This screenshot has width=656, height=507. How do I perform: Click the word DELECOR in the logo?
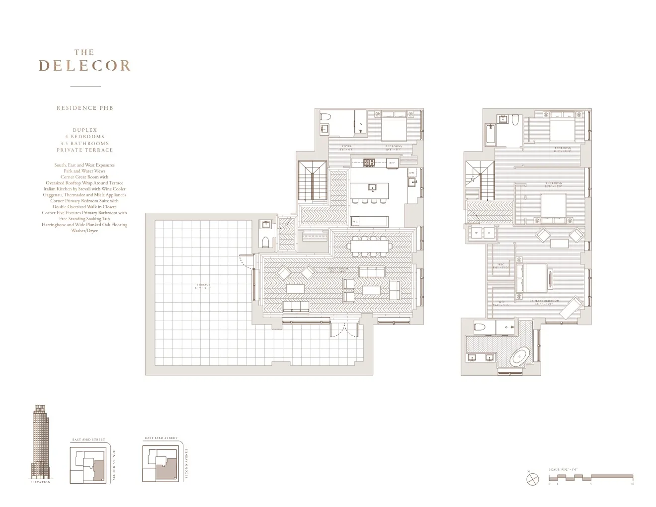(84, 66)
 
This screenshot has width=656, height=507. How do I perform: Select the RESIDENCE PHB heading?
(84, 107)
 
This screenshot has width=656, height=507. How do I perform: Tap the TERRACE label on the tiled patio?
(203, 285)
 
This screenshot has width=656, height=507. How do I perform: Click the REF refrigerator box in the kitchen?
(392, 163)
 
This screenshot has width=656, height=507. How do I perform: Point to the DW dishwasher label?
(411, 172)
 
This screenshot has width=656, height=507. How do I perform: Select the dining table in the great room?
(370, 245)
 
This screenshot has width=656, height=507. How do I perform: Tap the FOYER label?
(346, 147)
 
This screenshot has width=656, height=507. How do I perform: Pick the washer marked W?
(476, 233)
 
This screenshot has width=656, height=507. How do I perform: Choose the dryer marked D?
(489, 233)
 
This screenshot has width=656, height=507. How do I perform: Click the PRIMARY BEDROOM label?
(544, 301)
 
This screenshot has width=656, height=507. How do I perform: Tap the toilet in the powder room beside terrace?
(266, 242)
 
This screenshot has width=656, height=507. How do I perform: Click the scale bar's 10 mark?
(632, 483)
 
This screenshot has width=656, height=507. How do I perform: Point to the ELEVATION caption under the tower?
(40, 482)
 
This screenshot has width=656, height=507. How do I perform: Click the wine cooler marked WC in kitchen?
(355, 221)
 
